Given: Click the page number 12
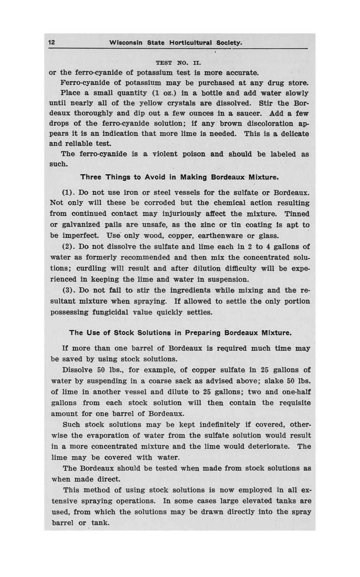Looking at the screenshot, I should coord(52,42).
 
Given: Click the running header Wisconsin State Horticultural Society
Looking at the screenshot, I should coord(175,43).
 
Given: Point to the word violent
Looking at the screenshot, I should coord(155,154).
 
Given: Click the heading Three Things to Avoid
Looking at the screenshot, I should coord(179,177).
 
